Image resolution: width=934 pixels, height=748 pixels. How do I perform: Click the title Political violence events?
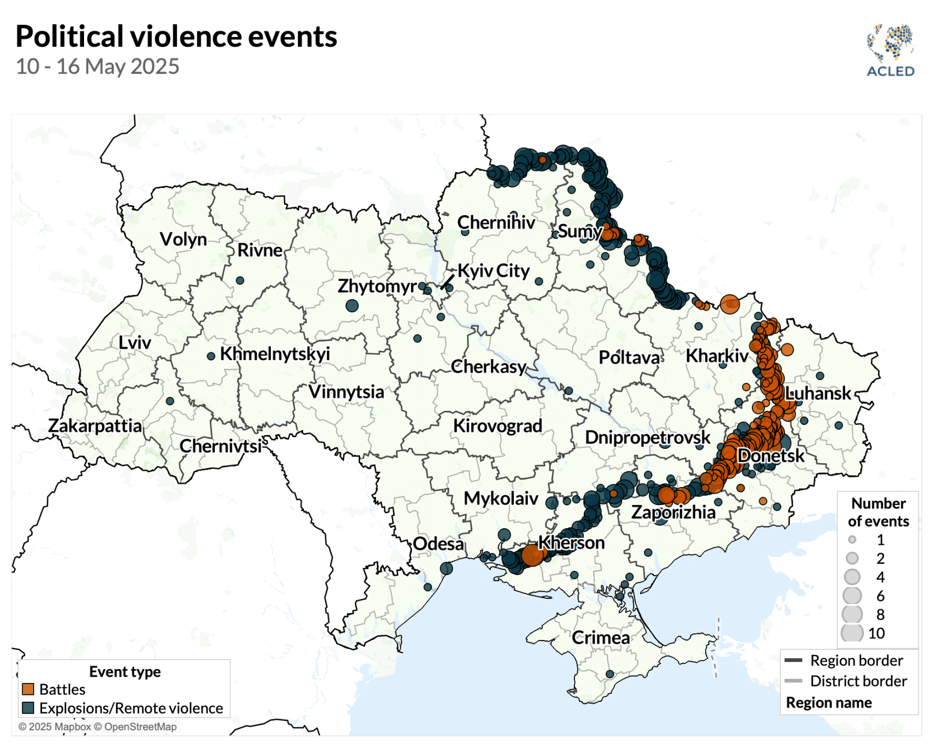point(176,36)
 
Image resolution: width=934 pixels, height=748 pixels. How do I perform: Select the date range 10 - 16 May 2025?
point(97,66)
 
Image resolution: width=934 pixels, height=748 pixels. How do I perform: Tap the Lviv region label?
point(134,343)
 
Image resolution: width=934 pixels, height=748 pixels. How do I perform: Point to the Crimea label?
point(600,637)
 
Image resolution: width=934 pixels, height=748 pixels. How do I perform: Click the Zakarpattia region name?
point(95,426)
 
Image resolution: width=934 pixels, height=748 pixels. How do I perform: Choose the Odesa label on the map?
point(438,544)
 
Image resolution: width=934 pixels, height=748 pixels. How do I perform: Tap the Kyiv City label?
point(493,271)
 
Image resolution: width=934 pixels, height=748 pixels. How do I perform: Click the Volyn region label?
point(183,239)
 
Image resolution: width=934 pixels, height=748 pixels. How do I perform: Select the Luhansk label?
point(818,393)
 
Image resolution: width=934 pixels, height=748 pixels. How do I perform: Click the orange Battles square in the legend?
point(28,689)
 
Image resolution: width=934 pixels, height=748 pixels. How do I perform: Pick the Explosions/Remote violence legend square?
point(28,708)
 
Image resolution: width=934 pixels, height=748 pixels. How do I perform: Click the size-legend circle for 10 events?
point(851,633)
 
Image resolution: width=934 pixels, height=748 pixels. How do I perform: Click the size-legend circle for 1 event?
point(852,540)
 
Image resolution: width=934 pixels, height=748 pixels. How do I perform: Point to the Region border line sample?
point(793,660)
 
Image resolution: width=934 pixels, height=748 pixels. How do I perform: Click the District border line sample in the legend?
point(793,681)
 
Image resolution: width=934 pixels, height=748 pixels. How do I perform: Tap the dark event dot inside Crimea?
point(610,674)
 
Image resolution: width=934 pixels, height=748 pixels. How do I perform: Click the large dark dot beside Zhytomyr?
point(352,305)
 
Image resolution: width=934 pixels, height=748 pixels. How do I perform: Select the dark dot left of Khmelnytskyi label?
point(211,356)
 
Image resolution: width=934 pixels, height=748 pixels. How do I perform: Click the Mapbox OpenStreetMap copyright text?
point(98,727)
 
